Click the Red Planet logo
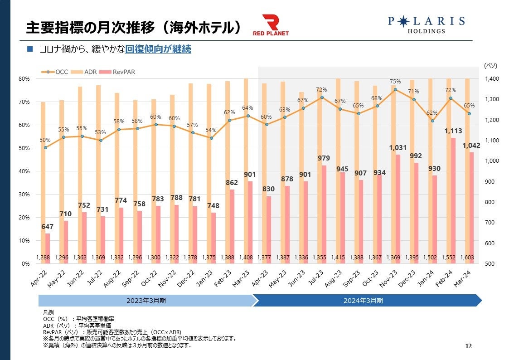[271, 25]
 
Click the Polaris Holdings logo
[426, 25]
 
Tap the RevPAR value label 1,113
[453, 131]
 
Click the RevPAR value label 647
[48, 226]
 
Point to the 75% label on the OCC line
[395, 82]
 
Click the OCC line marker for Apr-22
[45, 147]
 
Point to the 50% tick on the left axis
[24, 148]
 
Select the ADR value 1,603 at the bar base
[467, 258]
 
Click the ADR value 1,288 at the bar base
[43, 258]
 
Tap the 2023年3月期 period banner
[145, 301]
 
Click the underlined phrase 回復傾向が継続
[158, 49]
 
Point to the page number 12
[469, 346]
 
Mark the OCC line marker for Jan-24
[432, 121]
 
